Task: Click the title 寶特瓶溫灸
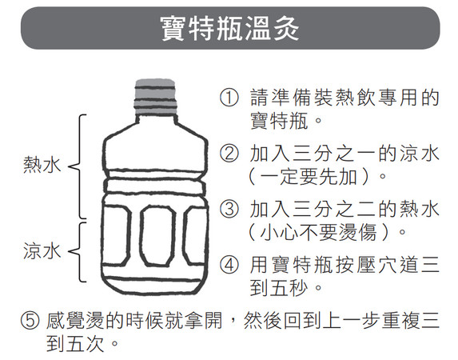tap(229, 28)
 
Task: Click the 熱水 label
tap(42, 166)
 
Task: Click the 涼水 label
tap(42, 251)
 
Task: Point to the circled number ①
tap(229, 99)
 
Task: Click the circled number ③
tap(229, 210)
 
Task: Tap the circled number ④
tap(229, 265)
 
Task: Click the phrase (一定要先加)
tap(317, 174)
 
